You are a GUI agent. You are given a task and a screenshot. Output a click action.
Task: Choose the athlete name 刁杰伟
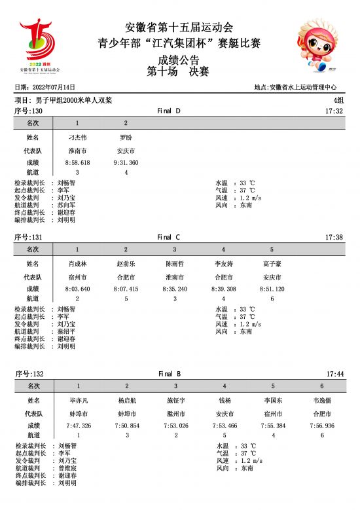77,138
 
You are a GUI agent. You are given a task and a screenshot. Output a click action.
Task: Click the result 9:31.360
126,162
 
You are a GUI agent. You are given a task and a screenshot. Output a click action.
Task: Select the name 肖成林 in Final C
77,264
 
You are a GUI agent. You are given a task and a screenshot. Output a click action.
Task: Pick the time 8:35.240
174,289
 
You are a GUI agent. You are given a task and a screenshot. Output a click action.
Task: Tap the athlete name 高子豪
272,264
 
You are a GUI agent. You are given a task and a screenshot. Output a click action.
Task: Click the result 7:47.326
79,426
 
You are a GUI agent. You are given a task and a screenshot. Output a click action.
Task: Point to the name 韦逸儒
322,400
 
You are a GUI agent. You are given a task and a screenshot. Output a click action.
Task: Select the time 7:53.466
225,426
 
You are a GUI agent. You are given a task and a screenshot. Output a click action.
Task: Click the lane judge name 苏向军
66,205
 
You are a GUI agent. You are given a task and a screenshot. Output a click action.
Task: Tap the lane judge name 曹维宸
67,468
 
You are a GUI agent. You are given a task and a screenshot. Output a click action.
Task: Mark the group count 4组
338,100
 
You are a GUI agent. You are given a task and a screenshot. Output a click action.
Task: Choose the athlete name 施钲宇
176,400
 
